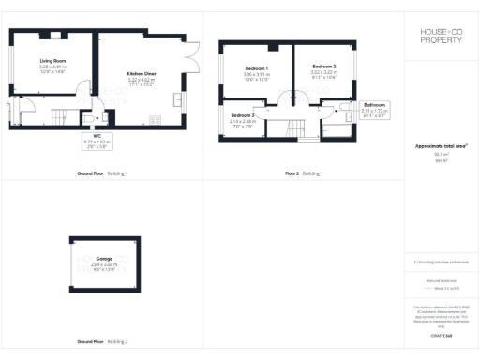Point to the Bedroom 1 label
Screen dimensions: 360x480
point(257,68)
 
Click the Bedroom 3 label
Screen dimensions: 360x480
point(244,115)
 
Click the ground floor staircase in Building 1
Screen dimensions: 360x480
point(60,116)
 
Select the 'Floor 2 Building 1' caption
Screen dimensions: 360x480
point(304,173)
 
